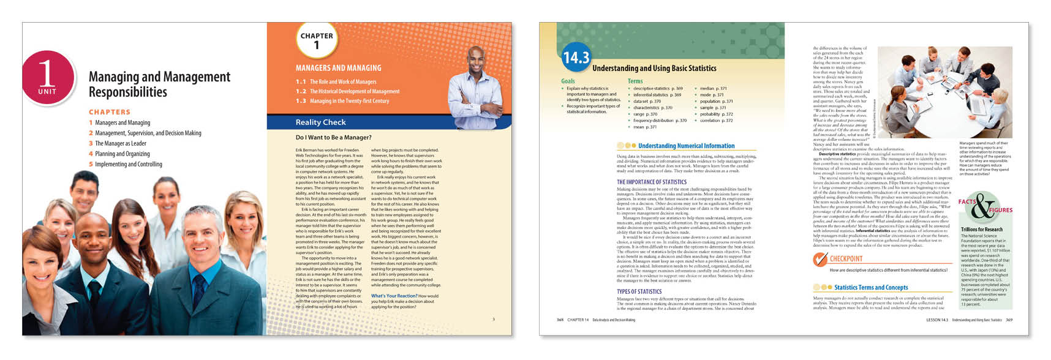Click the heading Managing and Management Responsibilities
(x=159, y=84)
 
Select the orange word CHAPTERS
(x=110, y=112)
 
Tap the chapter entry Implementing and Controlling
(x=128, y=164)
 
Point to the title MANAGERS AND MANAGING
(x=338, y=68)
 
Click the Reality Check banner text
(x=320, y=122)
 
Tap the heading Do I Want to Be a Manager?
(x=333, y=138)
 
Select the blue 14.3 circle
(x=576, y=58)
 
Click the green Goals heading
(x=568, y=81)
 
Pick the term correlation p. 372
(x=716, y=121)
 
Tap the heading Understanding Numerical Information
(x=686, y=146)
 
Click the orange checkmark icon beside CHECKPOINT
(x=819, y=260)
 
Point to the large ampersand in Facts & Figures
(x=983, y=207)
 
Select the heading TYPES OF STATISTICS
(x=639, y=291)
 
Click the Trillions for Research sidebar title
(x=982, y=230)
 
